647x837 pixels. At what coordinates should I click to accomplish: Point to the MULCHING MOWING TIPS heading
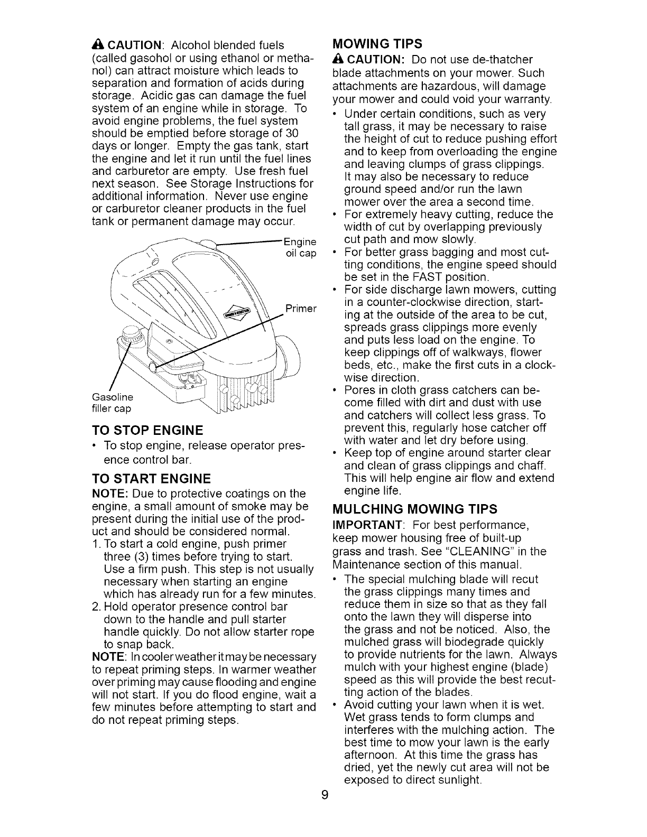tap(414, 509)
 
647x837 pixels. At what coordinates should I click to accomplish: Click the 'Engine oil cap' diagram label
tap(300, 248)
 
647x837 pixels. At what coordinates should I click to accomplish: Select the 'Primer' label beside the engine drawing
tap(300, 309)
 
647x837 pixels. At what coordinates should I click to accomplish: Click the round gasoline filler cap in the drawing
tap(130, 334)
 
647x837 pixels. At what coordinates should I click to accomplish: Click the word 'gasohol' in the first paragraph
tap(142, 58)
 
